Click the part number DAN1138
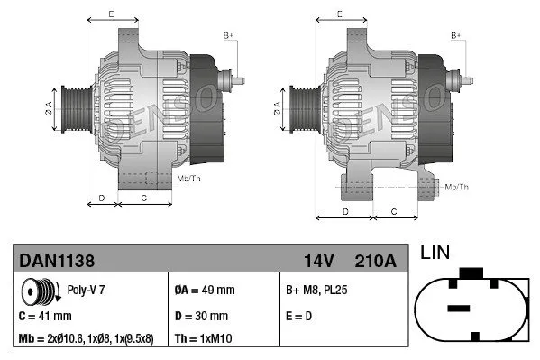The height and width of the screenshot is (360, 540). pos(57,261)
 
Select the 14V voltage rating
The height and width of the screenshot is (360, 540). pos(318,261)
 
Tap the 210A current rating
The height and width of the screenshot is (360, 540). pos(376,261)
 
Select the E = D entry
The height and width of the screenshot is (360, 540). pos(300,316)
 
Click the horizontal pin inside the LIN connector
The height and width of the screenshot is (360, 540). pos(459,309)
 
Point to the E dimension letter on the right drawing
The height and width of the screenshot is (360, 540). pos(339,14)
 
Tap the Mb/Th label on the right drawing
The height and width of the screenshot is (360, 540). pos(457,187)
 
